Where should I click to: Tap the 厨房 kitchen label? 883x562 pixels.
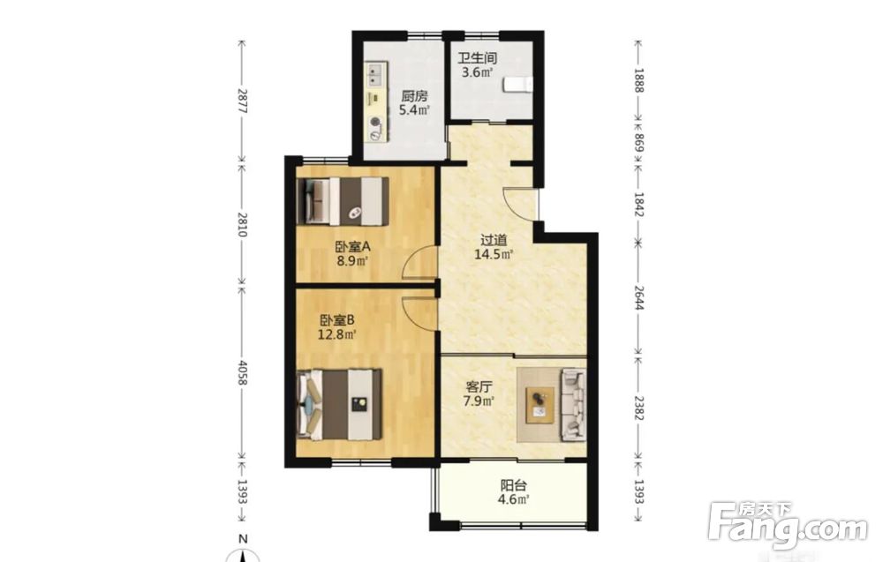[414, 96]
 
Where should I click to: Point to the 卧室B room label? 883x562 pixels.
[336, 320]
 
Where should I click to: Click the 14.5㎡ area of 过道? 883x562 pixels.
[494, 254]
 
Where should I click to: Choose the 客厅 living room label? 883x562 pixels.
[479, 387]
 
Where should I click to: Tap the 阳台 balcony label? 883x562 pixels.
[514, 485]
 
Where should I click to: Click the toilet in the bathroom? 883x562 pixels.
[517, 85]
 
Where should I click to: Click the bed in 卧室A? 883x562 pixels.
[343, 201]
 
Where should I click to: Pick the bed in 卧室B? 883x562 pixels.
[340, 404]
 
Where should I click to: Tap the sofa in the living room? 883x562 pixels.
[573, 404]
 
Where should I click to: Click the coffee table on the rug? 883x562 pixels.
[540, 405]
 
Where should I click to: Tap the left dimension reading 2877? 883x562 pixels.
[242, 101]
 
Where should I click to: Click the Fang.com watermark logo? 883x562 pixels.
[788, 526]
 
